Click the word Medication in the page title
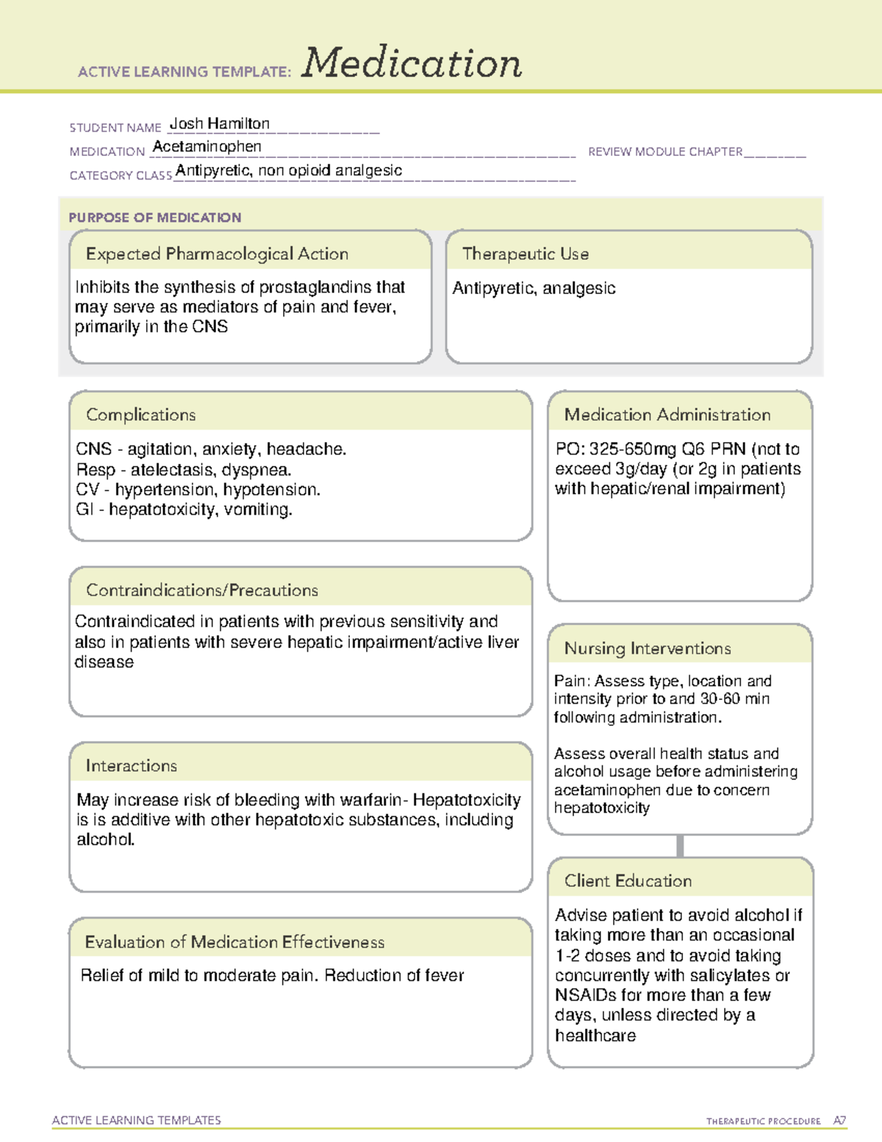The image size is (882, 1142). point(412,63)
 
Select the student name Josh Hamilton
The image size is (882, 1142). point(219,124)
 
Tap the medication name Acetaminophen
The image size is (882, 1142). point(207,146)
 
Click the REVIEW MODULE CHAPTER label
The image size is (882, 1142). point(665,151)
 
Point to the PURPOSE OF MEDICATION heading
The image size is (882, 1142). point(154,218)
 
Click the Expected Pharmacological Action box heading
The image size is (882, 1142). point(217,254)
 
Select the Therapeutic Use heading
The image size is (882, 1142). point(525,254)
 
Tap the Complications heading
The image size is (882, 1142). point(140,415)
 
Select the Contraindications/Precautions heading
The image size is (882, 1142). point(201,590)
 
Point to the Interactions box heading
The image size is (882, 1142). point(131,766)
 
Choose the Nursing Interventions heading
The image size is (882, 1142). point(647,648)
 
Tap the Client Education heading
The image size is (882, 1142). point(628,880)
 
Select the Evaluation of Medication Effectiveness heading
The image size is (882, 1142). point(234,942)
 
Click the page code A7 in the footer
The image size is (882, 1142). point(839,1121)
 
